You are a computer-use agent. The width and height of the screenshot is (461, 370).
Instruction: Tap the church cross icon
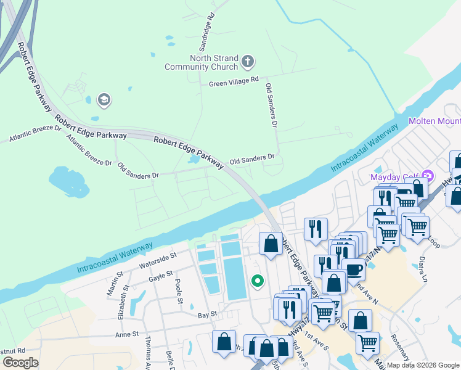(247, 61)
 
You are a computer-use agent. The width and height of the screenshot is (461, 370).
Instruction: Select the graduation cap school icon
(104, 100)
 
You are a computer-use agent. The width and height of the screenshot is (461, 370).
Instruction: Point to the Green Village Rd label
(234, 83)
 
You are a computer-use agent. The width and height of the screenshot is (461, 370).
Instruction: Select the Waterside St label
(158, 260)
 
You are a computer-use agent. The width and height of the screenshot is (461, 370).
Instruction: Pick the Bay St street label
(207, 314)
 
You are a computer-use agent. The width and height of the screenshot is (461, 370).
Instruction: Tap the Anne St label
(126, 334)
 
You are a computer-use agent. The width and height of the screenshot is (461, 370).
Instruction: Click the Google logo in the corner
(20, 362)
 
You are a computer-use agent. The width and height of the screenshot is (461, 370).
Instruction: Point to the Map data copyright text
(423, 365)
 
